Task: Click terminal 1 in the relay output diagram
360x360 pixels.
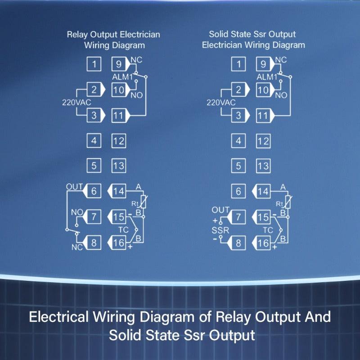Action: coord(94,64)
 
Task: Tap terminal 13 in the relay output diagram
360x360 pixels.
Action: coord(118,166)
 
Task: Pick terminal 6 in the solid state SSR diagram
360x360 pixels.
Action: coord(238,191)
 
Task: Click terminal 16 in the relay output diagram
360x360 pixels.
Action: coord(118,243)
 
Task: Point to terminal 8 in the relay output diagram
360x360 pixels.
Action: coord(94,243)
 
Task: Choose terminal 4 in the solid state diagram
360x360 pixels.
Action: coord(238,141)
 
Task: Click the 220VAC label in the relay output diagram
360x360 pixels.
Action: coord(76,102)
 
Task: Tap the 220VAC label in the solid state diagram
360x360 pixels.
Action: coord(220,102)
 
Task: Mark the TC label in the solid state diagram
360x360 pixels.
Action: coord(268,229)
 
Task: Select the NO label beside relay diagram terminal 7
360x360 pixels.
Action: coord(77,211)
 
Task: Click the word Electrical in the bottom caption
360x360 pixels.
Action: coord(58,317)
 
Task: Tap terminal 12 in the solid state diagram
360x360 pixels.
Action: coord(263,141)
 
